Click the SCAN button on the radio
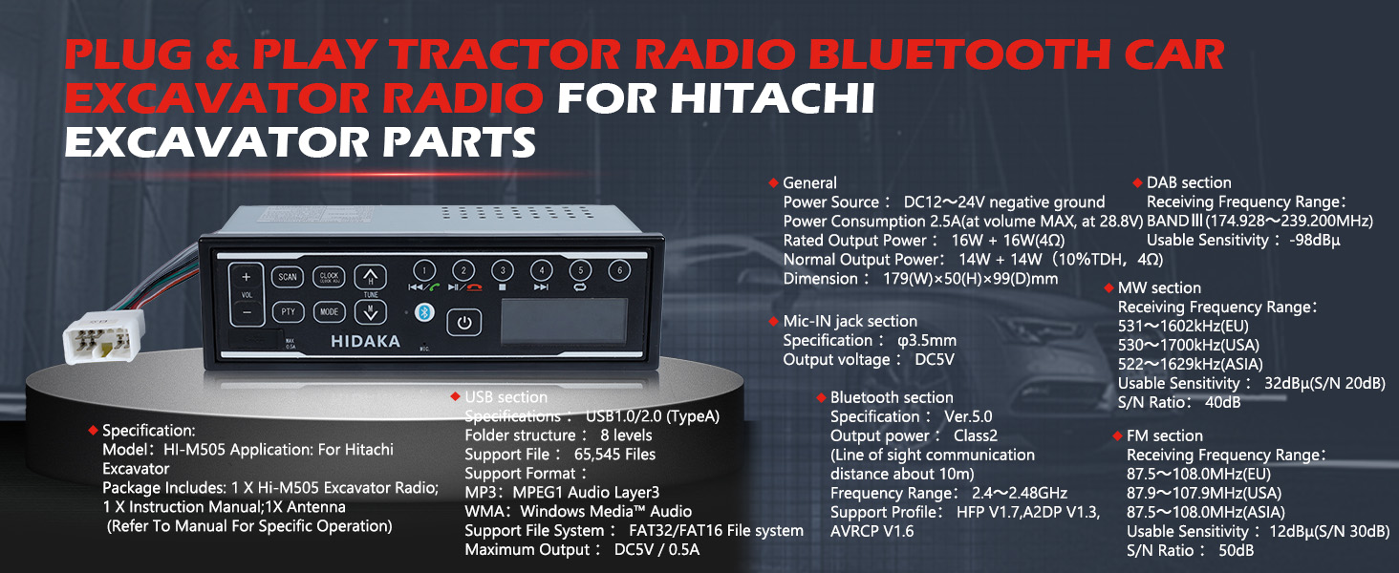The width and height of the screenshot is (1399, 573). [288, 277]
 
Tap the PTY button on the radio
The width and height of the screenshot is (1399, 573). [288, 311]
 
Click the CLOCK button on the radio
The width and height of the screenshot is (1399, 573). [329, 277]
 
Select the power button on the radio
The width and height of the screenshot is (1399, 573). [464, 323]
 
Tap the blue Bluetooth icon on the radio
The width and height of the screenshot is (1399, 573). [424, 312]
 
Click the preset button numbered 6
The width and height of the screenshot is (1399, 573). [619, 270]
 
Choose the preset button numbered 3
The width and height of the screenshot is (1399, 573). [502, 270]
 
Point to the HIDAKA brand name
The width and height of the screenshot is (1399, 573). [365, 342]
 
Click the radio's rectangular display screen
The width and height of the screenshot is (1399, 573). [564, 321]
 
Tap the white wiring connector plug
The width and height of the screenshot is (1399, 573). [103, 337]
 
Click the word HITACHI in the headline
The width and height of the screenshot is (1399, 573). [772, 98]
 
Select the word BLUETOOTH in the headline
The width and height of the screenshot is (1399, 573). [958, 54]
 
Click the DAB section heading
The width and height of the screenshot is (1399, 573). [1189, 183]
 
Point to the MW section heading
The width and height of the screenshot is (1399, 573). [1159, 287]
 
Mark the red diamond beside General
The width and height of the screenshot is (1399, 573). [773, 183]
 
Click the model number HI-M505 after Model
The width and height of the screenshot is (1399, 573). [194, 450]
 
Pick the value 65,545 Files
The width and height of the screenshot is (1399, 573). [614, 455]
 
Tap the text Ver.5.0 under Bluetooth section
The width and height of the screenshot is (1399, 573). [968, 416]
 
